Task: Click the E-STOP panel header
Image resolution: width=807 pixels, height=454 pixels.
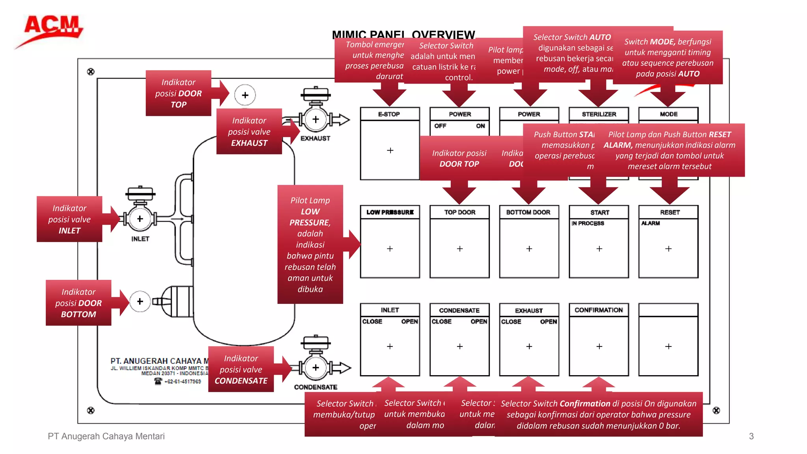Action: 389,114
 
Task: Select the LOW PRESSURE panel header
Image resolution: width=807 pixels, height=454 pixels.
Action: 390,212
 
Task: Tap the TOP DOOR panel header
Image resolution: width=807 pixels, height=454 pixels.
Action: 459,212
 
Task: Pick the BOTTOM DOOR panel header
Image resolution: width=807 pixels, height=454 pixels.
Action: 528,212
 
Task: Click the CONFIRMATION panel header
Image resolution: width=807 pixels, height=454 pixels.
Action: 599,310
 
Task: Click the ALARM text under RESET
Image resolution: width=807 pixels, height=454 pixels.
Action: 650,223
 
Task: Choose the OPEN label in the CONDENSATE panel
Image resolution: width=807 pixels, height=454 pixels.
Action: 479,322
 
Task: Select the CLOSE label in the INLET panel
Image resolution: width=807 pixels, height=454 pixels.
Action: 372,322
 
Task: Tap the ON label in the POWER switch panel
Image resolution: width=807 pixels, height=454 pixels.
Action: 480,126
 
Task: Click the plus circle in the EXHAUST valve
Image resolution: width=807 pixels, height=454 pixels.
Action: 316,119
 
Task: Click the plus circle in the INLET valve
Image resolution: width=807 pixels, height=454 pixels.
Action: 140,219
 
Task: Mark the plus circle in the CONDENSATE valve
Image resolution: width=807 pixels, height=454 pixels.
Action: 316,368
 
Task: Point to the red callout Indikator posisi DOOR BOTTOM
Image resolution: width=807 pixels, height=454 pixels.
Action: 78,303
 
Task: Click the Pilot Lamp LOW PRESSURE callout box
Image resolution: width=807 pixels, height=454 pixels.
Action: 310,244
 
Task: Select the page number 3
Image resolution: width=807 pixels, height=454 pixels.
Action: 751,436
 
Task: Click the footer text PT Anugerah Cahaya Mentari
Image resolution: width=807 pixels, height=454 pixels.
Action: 106,436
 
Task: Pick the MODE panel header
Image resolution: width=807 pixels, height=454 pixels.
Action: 668,114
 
